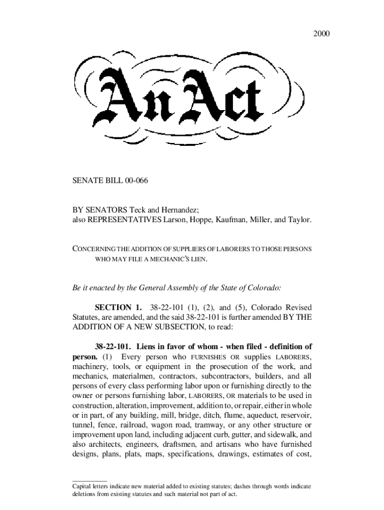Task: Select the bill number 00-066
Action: [133, 180]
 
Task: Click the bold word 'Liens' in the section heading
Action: [149, 347]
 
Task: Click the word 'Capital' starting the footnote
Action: [83, 486]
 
